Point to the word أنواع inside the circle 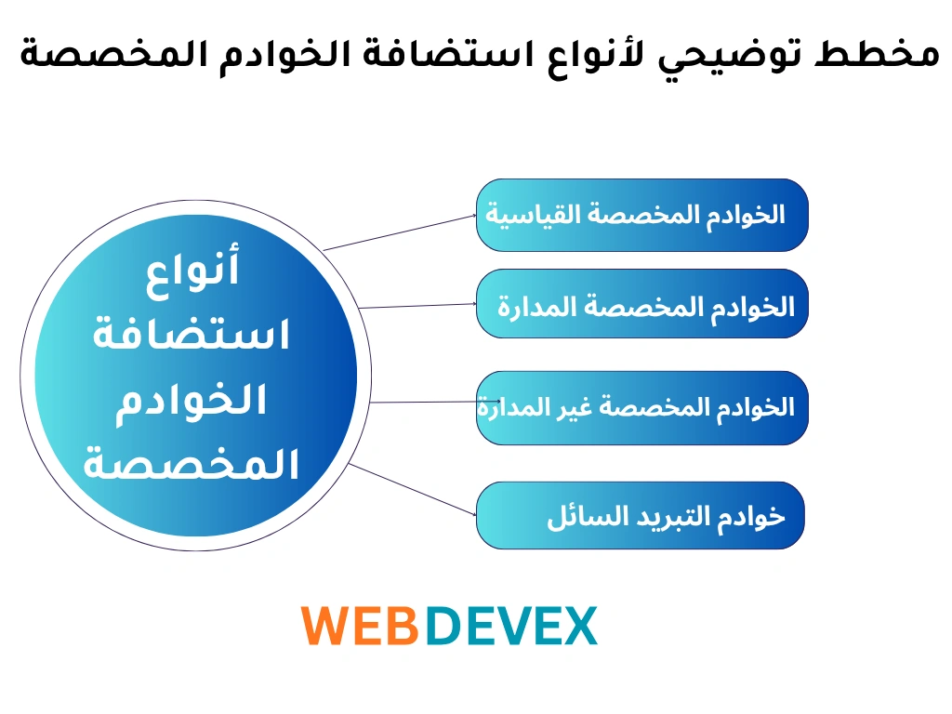(193, 270)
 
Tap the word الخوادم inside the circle (192, 400)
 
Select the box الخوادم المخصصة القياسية (641, 215)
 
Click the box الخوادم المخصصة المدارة (641, 304)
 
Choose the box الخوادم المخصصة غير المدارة (641, 407)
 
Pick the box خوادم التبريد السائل (640, 516)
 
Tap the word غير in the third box (576, 407)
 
